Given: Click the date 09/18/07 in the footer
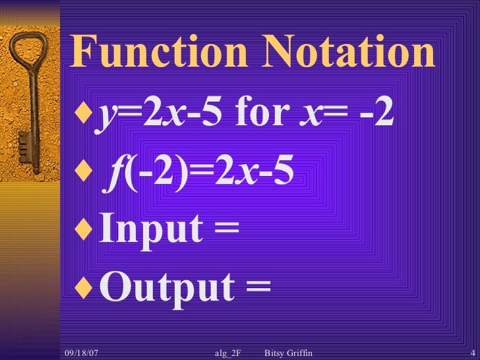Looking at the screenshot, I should coord(83,354).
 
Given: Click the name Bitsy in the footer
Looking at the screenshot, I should coord(275,354).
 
